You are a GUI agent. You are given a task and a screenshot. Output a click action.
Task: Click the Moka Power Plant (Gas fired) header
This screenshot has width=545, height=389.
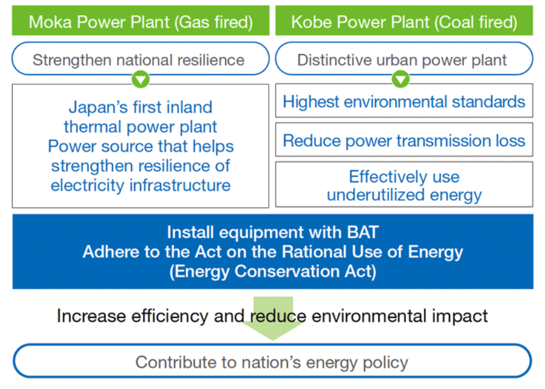point(140,20)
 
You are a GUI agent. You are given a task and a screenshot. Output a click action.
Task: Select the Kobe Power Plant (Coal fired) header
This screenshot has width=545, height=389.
point(404,20)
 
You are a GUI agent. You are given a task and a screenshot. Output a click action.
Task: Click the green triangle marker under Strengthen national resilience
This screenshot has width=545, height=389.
point(140,79)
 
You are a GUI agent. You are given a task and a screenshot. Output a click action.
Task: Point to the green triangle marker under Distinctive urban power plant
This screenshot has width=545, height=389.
point(401,79)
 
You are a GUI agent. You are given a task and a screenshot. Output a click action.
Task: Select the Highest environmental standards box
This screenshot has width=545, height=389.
point(404,101)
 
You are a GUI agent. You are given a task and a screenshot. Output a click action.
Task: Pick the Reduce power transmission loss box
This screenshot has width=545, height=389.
point(404,139)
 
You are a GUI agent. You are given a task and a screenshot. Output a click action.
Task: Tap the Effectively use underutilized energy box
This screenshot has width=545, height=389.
point(404,185)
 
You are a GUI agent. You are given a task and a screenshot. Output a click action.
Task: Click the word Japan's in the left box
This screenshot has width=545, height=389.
point(99,108)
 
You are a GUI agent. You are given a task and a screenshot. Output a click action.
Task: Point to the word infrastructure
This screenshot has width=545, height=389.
point(180,185)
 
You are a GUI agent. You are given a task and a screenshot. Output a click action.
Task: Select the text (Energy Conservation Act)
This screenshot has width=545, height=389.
point(273,271)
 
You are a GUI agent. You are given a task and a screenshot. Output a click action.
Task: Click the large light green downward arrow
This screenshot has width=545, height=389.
point(273,318)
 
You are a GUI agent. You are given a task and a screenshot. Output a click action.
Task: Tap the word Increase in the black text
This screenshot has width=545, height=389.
point(91,316)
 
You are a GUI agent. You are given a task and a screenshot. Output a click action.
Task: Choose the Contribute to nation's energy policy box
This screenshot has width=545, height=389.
point(272,361)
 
